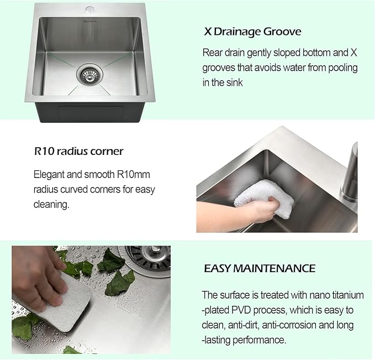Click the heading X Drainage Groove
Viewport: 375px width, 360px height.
tap(252, 32)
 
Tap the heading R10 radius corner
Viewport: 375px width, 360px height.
tap(78, 151)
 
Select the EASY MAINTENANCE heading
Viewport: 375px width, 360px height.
tap(260, 269)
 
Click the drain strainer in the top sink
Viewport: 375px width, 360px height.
tap(88, 74)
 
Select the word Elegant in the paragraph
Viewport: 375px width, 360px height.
tap(50, 175)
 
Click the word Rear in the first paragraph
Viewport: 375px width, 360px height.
tap(213, 53)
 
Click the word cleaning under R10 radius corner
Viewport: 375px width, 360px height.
tap(51, 205)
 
